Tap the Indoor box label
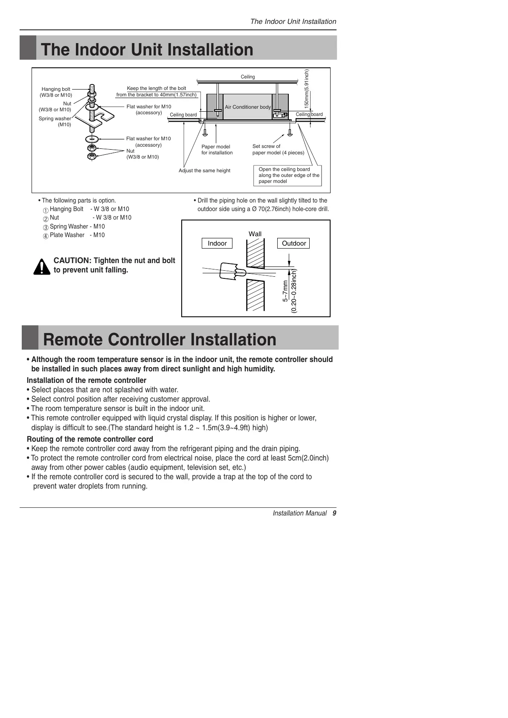pyautogui.click(x=217, y=243)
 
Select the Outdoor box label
pyautogui.click(x=294, y=243)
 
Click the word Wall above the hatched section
pyautogui.click(x=255, y=234)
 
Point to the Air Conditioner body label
pyautogui.click(x=248, y=107)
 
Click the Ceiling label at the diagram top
pyautogui.click(x=248, y=77)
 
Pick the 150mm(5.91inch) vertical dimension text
pyautogui.click(x=307, y=88)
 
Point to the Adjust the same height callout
pyautogui.click(x=204, y=171)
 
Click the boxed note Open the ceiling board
pyautogui.click(x=288, y=175)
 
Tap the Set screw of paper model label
pyautogui.click(x=278, y=149)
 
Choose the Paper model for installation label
pyautogui.click(x=217, y=150)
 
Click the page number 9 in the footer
pyautogui.click(x=334, y=513)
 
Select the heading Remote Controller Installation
pyautogui.click(x=160, y=340)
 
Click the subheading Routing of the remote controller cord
pyautogui.click(x=90, y=439)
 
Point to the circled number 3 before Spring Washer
pyautogui.click(x=46, y=227)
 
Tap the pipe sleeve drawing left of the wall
pyautogui.click(x=231, y=271)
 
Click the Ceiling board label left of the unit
pyautogui.click(x=183, y=115)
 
